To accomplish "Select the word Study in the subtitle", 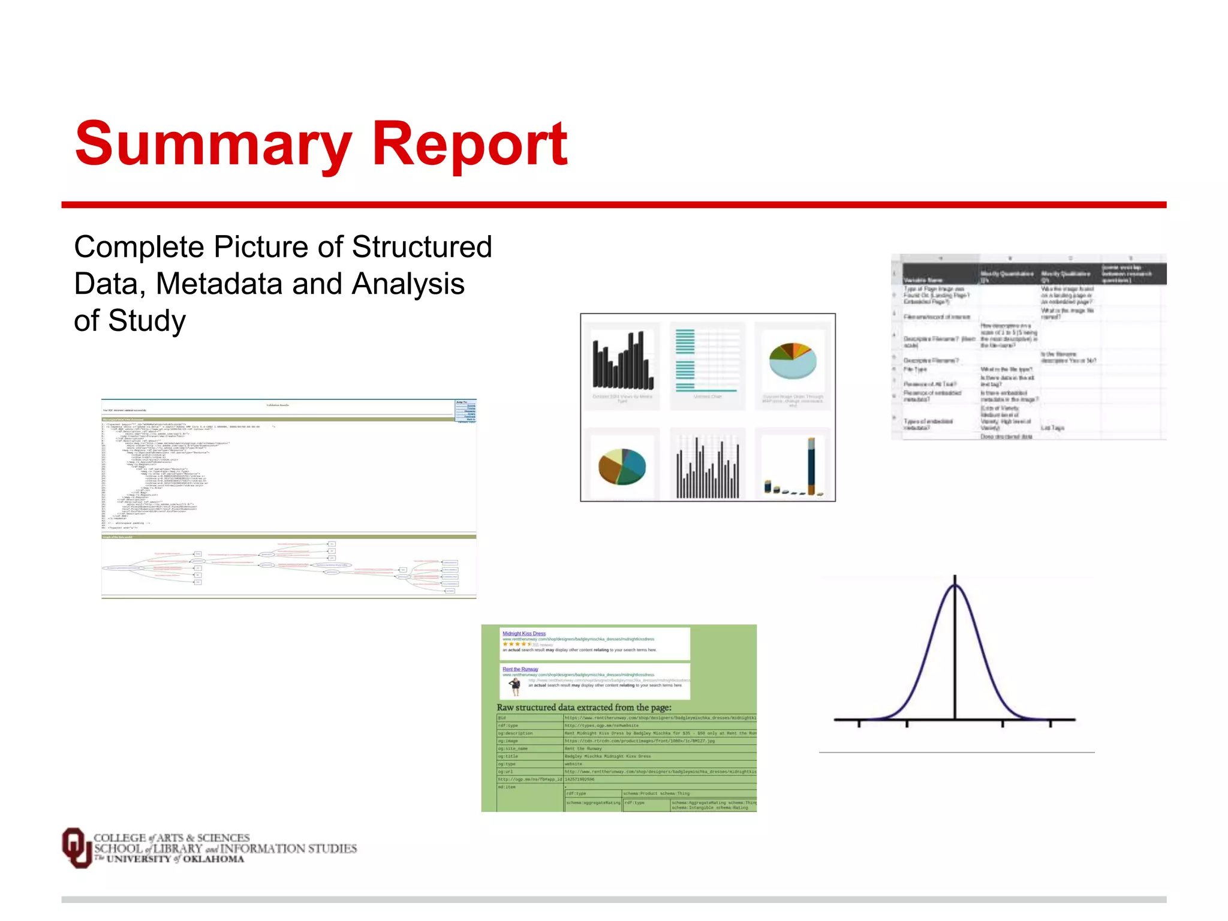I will tap(147, 320).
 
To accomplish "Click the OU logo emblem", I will tap(76, 847).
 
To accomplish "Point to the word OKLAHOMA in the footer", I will tap(213, 859).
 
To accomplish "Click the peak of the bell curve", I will tap(955, 585).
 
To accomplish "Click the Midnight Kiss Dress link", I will tap(524, 633).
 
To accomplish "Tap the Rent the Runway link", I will tap(520, 669).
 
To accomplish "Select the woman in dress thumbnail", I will tap(514, 686).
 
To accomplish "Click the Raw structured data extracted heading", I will tap(583, 708).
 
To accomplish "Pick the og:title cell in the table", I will tap(508, 756).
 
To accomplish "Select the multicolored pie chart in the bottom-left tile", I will tap(622, 466).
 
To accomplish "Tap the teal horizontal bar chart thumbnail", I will tap(708, 360).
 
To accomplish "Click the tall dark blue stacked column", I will tap(811, 466).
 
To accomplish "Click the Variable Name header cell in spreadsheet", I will tap(923, 280).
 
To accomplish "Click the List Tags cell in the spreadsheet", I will tap(1052, 428).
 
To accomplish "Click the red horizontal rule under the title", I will tap(613, 205).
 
